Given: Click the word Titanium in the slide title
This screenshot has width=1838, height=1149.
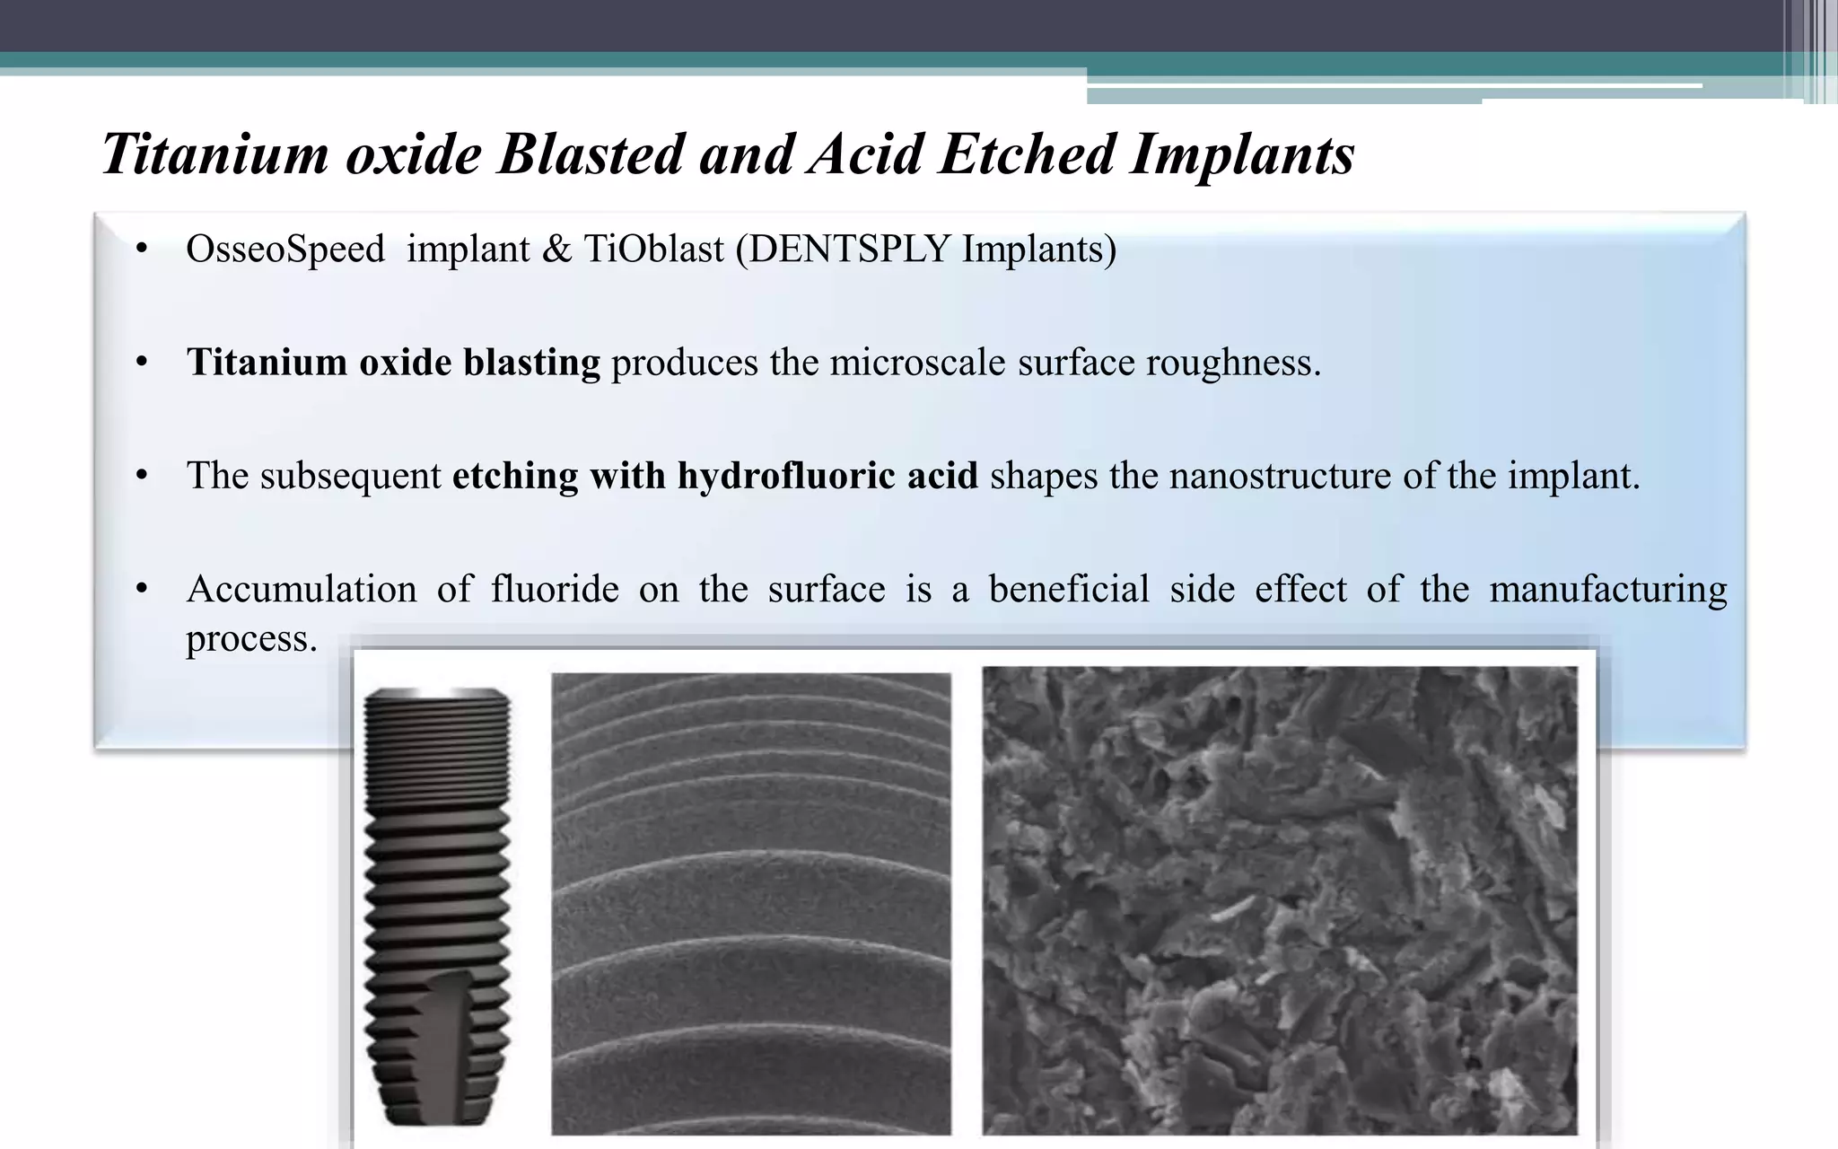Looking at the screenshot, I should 215,154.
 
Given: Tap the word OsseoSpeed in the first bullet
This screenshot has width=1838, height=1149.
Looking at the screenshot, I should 284,249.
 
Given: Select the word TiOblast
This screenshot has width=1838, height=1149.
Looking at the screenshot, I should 653,249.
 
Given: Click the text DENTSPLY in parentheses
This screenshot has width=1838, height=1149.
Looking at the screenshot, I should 848,249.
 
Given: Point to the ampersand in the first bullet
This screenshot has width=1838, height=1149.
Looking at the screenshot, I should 556,250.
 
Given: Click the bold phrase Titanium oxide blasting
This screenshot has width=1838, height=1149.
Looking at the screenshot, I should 393,363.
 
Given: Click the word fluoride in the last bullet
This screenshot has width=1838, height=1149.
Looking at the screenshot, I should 555,590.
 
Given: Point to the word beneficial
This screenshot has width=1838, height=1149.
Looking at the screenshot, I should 1068,590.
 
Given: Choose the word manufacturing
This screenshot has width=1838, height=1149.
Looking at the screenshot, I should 1607,590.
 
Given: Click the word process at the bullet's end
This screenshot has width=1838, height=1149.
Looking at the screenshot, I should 250,639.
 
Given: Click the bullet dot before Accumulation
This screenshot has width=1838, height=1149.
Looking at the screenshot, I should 141,590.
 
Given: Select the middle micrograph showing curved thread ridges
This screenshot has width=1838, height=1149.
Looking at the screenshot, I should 750,903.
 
